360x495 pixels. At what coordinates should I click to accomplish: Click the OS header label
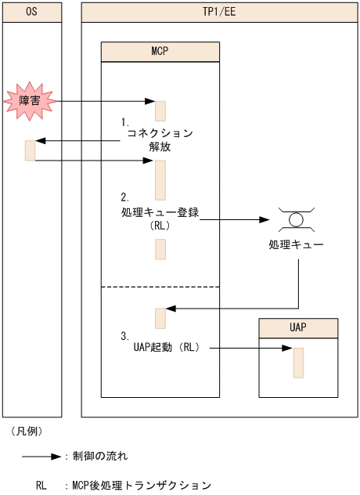tap(31, 12)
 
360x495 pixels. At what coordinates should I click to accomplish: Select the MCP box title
tap(160, 51)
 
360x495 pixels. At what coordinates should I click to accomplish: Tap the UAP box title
tap(298, 327)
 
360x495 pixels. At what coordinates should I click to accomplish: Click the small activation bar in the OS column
tap(31, 150)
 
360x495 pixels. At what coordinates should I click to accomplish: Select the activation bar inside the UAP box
tap(298, 363)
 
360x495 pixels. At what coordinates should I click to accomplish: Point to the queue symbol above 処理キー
tap(295, 217)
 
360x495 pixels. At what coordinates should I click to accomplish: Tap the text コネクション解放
tap(160, 139)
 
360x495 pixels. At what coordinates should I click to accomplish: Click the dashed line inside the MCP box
tap(160, 287)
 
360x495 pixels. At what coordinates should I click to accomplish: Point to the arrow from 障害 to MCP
tap(102, 102)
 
